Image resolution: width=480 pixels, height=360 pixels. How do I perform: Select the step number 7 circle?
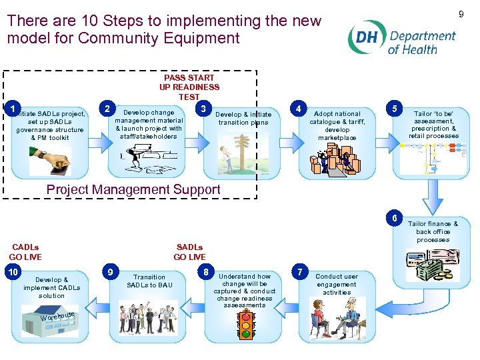coord(301,272)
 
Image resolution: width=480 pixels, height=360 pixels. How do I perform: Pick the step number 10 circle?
coord(13,272)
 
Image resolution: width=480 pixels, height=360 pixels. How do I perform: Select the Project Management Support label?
coord(133,189)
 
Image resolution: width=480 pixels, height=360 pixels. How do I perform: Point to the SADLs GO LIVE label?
coord(189,252)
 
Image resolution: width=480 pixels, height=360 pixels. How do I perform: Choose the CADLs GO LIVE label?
coord(25,252)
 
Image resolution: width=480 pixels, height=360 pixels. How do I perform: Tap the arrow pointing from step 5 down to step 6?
coord(435,198)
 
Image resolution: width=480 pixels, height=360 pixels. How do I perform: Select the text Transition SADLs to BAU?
coord(149,281)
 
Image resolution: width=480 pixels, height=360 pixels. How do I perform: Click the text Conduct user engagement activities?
coord(337,284)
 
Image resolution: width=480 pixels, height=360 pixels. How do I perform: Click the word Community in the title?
coord(118,38)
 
